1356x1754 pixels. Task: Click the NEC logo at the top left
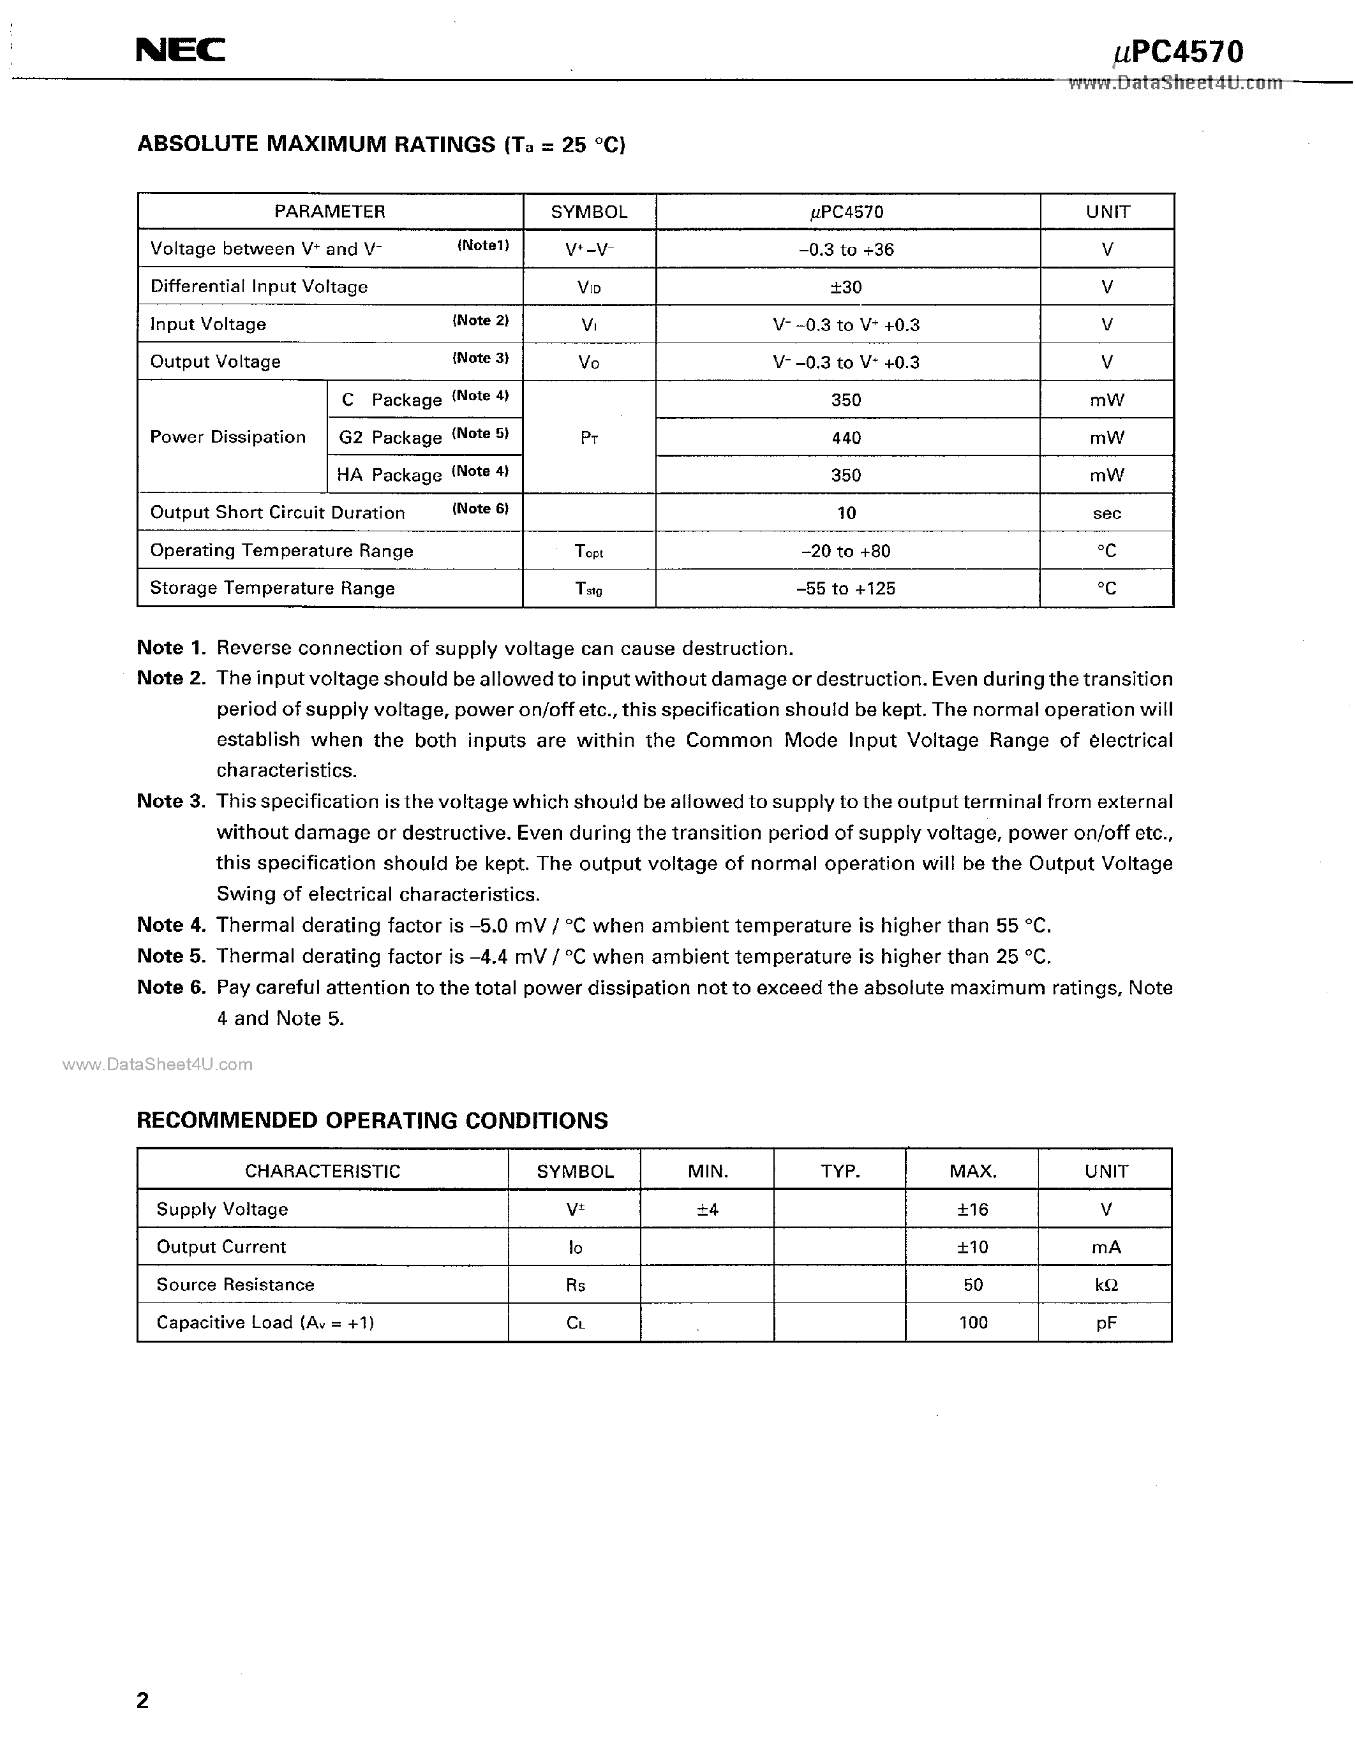pos(180,50)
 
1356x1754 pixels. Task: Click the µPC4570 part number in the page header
pos(1178,52)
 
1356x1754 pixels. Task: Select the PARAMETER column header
pos(329,211)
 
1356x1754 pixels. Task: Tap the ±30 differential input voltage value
pos(847,287)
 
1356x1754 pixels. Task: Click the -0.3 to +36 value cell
pos(847,249)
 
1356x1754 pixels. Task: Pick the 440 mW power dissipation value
pos(847,438)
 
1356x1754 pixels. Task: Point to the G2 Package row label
pos(391,438)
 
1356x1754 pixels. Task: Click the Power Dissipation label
pos(228,437)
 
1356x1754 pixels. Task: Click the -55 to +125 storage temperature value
pos(846,589)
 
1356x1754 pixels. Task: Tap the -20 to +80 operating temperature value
pos(846,551)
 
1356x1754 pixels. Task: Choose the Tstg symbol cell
pos(589,589)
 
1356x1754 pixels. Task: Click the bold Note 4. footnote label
pos(171,925)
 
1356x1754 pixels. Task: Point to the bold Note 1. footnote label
pos(171,648)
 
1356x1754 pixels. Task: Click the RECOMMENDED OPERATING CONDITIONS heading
pos(372,1121)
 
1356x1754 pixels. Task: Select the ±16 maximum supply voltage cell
pos(973,1209)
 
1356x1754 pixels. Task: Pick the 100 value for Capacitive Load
pos(973,1322)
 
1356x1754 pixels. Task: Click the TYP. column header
pos(840,1171)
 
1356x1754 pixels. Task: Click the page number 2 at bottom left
pos(143,1700)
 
